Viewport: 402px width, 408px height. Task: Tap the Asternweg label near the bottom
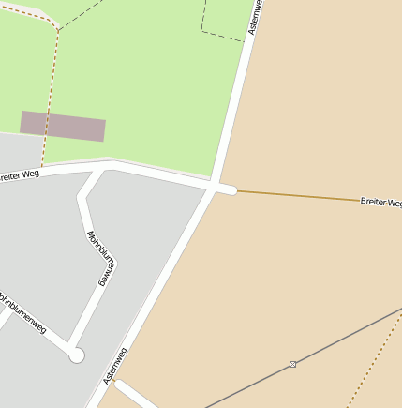(x=115, y=365)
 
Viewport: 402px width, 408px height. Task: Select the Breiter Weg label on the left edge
(x=20, y=174)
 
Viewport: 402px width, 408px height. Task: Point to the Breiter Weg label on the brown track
(x=380, y=201)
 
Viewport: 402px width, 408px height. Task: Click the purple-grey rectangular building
(x=63, y=126)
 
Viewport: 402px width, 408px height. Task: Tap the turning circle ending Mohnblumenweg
(x=77, y=355)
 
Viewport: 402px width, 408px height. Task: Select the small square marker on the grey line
(x=293, y=364)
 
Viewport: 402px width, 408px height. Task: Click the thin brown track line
(x=300, y=195)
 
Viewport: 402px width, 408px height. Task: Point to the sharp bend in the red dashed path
(x=57, y=30)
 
